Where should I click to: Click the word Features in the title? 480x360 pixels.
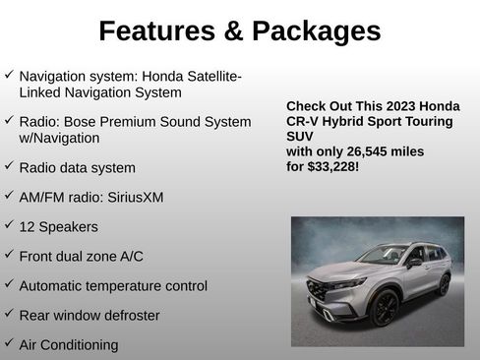(x=158, y=31)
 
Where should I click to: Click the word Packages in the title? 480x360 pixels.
(x=315, y=31)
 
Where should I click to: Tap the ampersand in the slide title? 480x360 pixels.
(x=233, y=31)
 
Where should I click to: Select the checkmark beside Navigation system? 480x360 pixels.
(x=9, y=75)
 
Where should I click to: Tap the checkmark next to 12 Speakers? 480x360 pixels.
(x=9, y=225)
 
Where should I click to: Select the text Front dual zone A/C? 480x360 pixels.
(x=81, y=256)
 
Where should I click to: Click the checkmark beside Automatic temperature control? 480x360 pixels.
(x=9, y=284)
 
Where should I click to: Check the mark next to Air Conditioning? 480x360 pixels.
(x=9, y=343)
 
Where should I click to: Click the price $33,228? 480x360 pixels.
(x=333, y=167)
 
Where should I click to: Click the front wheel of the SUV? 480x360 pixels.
(x=384, y=308)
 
